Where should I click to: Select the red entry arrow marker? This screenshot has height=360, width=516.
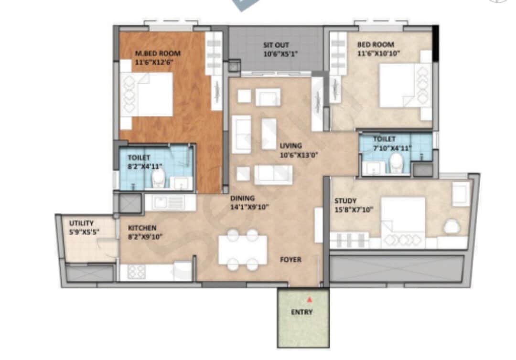[310, 300]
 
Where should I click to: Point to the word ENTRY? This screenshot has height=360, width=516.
[302, 312]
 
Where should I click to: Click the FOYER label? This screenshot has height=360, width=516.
[290, 260]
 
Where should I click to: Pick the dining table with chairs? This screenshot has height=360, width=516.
[243, 250]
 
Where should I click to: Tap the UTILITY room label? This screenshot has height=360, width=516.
[81, 223]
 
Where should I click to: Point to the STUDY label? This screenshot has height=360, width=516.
[345, 201]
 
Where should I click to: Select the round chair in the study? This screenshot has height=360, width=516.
[451, 226]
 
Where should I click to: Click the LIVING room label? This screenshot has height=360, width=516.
[291, 146]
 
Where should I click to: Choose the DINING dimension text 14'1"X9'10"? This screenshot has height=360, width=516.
[250, 207]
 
